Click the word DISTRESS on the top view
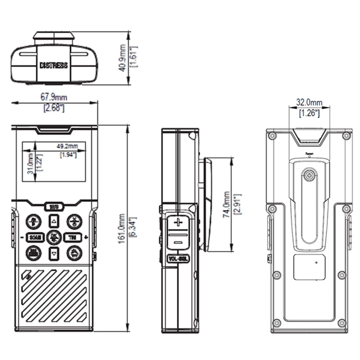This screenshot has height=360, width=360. [x=53, y=66]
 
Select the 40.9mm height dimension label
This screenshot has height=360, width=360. [x=123, y=58]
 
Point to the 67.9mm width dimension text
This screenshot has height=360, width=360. [x=54, y=97]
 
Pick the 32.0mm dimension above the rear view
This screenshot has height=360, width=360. [x=309, y=102]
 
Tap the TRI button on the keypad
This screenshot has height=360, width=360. [x=73, y=237]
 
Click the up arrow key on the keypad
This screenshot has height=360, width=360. [x=54, y=221]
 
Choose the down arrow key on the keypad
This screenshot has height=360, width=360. [x=54, y=253]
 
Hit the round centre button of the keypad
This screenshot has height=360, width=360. [x=54, y=237]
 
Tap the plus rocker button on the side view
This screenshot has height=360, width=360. [x=176, y=222]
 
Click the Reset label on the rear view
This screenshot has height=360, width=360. [x=309, y=154]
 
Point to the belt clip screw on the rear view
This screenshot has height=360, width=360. [x=309, y=176]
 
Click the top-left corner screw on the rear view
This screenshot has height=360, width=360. [x=272, y=136]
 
